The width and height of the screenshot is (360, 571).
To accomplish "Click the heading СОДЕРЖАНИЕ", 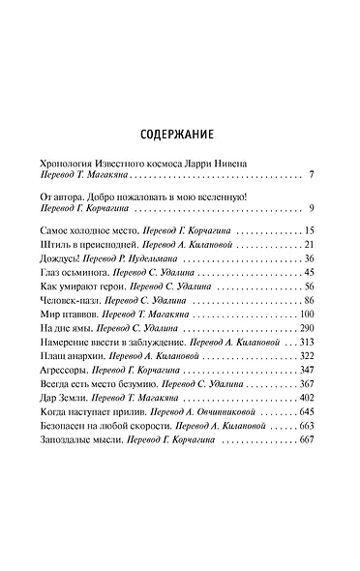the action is coord(180,135).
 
